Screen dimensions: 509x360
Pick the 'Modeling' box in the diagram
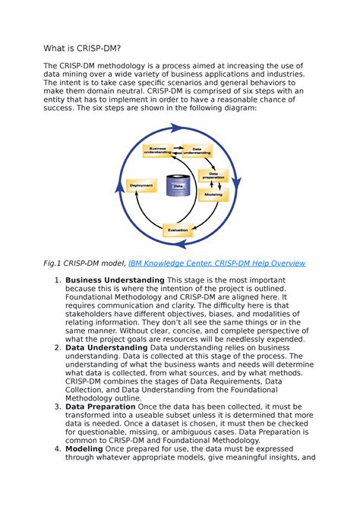pos(212,194)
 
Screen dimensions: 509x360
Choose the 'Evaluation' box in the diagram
pos(178,229)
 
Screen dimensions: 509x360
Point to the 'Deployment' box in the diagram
pos(141,185)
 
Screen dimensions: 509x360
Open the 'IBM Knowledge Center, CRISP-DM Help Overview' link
pos(216,263)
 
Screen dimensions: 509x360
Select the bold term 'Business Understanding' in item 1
pos(115,280)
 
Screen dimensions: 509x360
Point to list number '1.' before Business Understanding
pos(58,280)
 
